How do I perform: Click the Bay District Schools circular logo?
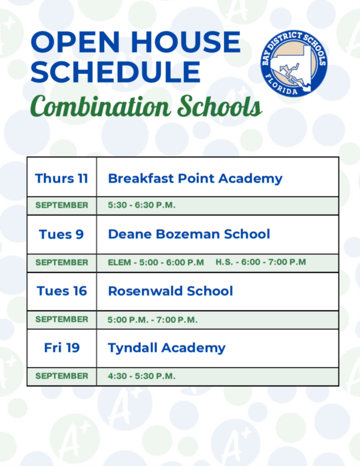(x=294, y=63)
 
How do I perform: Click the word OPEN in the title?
(x=75, y=42)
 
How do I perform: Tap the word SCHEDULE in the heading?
(x=115, y=72)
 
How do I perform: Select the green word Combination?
(x=101, y=106)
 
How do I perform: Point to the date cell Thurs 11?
(x=61, y=178)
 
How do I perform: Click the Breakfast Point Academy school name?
(x=195, y=179)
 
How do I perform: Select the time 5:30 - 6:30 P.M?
(x=141, y=205)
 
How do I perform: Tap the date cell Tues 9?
(x=61, y=234)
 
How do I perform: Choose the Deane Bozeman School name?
(x=189, y=234)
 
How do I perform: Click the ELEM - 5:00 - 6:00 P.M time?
(x=156, y=262)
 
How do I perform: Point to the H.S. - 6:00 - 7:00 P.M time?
(x=260, y=262)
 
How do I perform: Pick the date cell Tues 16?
(x=62, y=291)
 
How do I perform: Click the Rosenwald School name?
(x=171, y=291)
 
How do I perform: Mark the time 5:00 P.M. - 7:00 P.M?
(x=152, y=320)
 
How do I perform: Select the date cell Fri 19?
(x=62, y=348)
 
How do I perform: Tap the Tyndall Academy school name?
(x=167, y=348)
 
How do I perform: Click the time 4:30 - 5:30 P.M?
(x=141, y=376)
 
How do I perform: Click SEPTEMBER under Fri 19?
(x=62, y=376)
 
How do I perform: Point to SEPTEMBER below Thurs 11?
(x=62, y=205)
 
